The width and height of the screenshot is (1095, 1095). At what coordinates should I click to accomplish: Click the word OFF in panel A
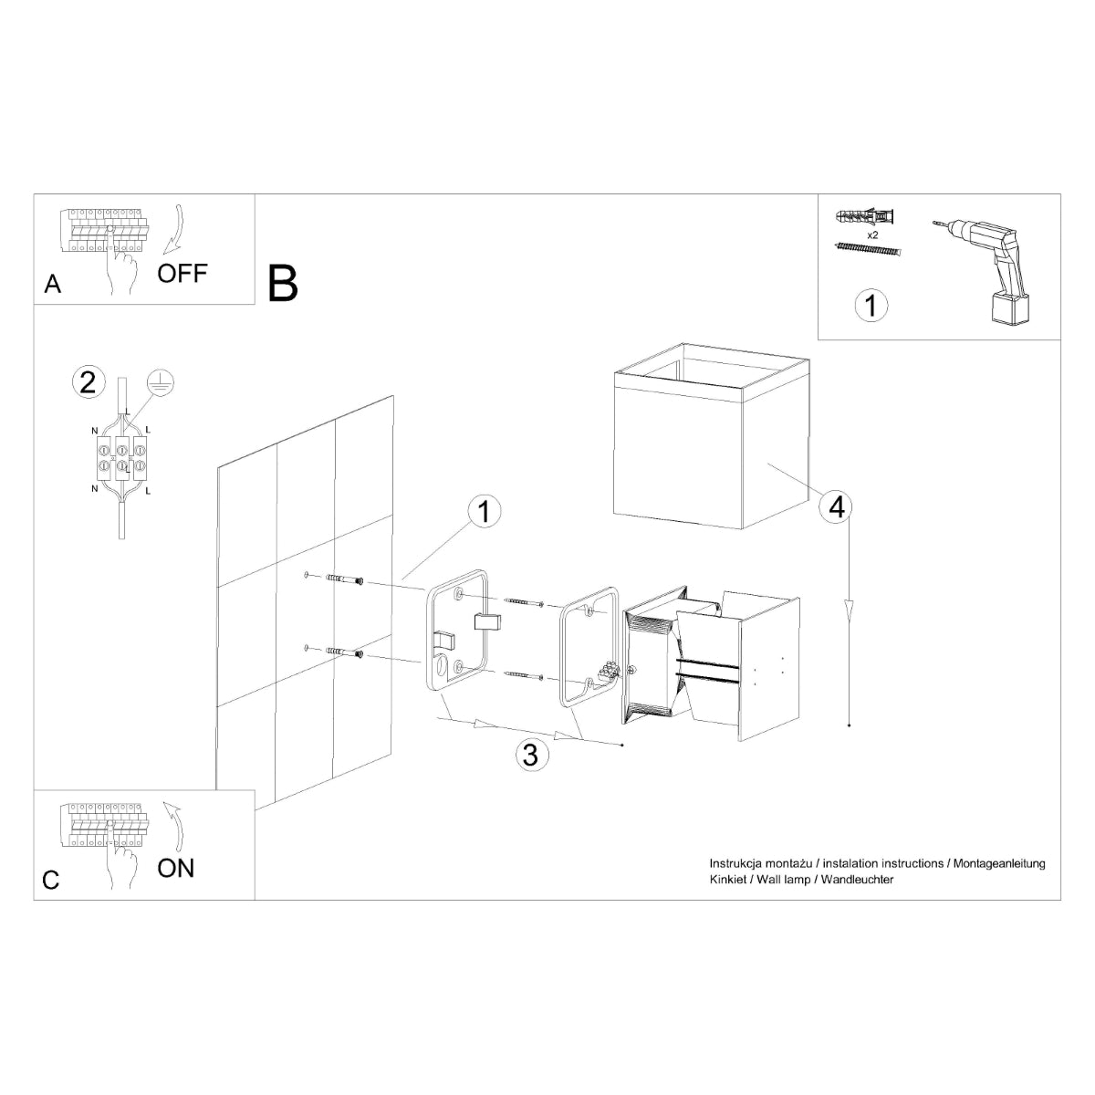pyautogui.click(x=182, y=273)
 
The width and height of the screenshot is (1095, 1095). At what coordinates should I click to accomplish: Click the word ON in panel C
pyautogui.click(x=176, y=867)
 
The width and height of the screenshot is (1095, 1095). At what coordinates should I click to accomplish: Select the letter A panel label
pyautogui.click(x=53, y=285)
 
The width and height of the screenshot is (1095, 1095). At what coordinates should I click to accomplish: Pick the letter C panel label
pyautogui.click(x=51, y=880)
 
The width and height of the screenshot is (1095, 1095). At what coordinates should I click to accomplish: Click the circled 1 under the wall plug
pyautogui.click(x=871, y=305)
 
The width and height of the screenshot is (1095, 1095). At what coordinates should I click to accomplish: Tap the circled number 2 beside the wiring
pyautogui.click(x=88, y=381)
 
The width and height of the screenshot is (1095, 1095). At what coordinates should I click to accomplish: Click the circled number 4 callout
pyautogui.click(x=836, y=507)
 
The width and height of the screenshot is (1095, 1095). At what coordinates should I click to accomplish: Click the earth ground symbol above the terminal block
pyautogui.click(x=162, y=383)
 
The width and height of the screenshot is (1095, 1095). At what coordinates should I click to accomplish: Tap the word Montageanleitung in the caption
pyautogui.click(x=999, y=863)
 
